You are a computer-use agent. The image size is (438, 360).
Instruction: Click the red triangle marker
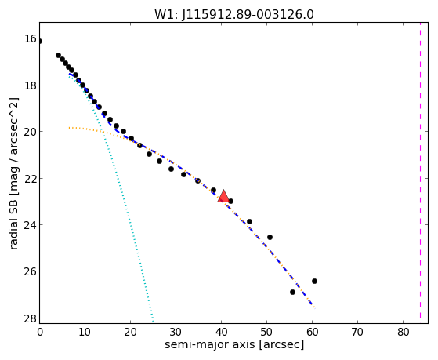pyautogui.click(x=223, y=196)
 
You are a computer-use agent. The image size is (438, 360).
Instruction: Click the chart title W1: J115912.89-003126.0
pyautogui.click(x=234, y=14)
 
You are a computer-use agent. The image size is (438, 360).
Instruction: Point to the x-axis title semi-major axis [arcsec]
pyautogui.click(x=234, y=344)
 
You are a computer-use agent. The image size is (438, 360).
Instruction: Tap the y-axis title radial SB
pyautogui.click(x=13, y=173)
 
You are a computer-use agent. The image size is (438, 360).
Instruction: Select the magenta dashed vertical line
pyautogui.click(x=420, y=170)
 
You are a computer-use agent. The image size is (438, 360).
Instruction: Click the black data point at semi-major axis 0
pyautogui.click(x=40, y=42)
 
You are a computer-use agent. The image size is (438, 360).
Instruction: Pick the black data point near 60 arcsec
pyautogui.click(x=314, y=281)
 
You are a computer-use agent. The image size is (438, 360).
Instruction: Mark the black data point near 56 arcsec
pyautogui.click(x=292, y=292)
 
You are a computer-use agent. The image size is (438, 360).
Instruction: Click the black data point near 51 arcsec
pyautogui.click(x=270, y=237)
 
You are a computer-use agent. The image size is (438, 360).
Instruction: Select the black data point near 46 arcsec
pyautogui.click(x=249, y=221)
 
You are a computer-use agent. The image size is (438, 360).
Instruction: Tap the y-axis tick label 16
pyautogui.click(x=31, y=39)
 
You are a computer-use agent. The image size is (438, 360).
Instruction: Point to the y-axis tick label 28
pyautogui.click(x=31, y=318)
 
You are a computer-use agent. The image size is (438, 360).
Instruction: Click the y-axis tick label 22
pyautogui.click(x=31, y=179)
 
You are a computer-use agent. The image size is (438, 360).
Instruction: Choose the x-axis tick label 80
pyautogui.click(x=403, y=332)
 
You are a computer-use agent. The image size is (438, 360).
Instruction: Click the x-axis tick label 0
pyautogui.click(x=40, y=332)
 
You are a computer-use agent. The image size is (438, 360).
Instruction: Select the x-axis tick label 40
pyautogui.click(x=221, y=332)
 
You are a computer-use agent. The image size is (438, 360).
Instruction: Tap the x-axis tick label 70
pyautogui.click(x=357, y=332)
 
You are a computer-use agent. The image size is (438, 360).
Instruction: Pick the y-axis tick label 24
pyautogui.click(x=31, y=225)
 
